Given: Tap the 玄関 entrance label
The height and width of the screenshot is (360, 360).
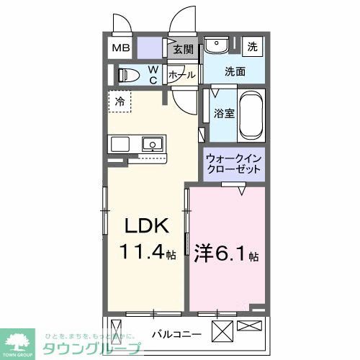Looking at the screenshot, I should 184,50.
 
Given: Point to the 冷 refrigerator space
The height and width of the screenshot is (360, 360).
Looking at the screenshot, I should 120,102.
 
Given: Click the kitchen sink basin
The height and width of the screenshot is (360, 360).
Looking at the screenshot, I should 153,143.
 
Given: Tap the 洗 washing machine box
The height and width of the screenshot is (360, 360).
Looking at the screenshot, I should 252,47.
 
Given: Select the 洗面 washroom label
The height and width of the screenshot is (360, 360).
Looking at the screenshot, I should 234,72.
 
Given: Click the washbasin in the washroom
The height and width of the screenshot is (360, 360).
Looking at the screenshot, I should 214,46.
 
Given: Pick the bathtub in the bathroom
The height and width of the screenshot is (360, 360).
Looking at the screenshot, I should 251,116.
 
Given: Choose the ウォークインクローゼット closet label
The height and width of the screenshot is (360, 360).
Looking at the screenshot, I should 233,164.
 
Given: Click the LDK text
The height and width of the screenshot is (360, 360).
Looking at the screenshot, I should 148,227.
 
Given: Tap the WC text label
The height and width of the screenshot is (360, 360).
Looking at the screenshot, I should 153,75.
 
